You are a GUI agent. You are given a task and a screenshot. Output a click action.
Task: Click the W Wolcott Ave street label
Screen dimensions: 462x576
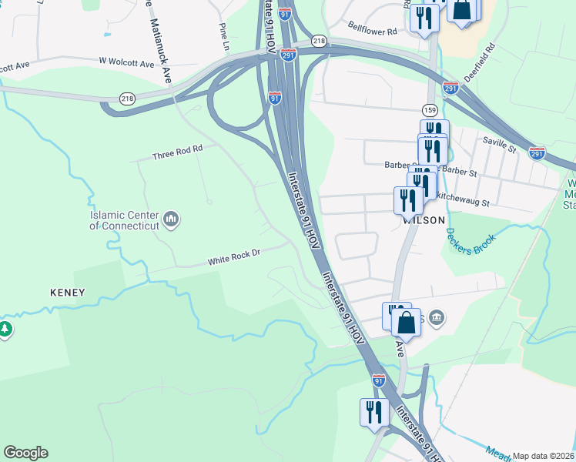[x=126, y=62]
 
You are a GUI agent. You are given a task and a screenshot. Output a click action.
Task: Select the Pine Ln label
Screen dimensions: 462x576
[x=224, y=38]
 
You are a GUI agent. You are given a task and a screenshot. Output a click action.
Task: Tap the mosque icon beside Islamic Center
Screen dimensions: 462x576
[x=172, y=220]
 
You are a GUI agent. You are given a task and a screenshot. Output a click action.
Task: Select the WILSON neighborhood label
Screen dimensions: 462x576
[x=424, y=219]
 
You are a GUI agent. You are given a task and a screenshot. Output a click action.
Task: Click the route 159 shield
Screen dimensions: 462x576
[x=430, y=110]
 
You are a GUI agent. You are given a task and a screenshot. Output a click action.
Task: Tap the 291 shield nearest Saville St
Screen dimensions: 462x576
[x=537, y=152]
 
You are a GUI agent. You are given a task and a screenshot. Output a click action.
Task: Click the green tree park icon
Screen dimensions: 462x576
[x=5, y=330]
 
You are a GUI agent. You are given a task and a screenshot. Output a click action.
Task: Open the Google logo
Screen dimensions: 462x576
[x=25, y=453]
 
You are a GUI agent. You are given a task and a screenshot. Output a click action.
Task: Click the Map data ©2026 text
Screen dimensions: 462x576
[x=542, y=456]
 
